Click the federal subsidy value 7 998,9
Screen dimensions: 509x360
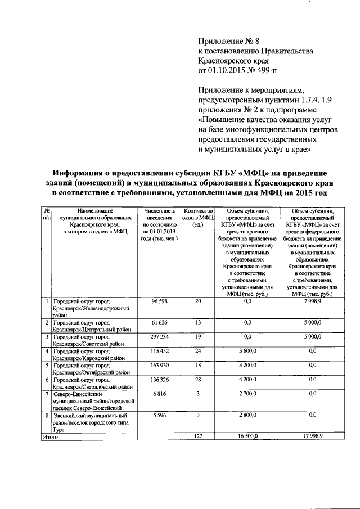pos(311,302)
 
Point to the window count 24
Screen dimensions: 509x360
pos(197,351)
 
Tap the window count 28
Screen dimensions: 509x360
pos(197,380)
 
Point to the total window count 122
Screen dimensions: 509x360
pos(197,436)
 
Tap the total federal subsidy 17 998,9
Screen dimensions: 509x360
pos(311,436)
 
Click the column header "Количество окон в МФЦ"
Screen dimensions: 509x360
pos(197,218)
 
